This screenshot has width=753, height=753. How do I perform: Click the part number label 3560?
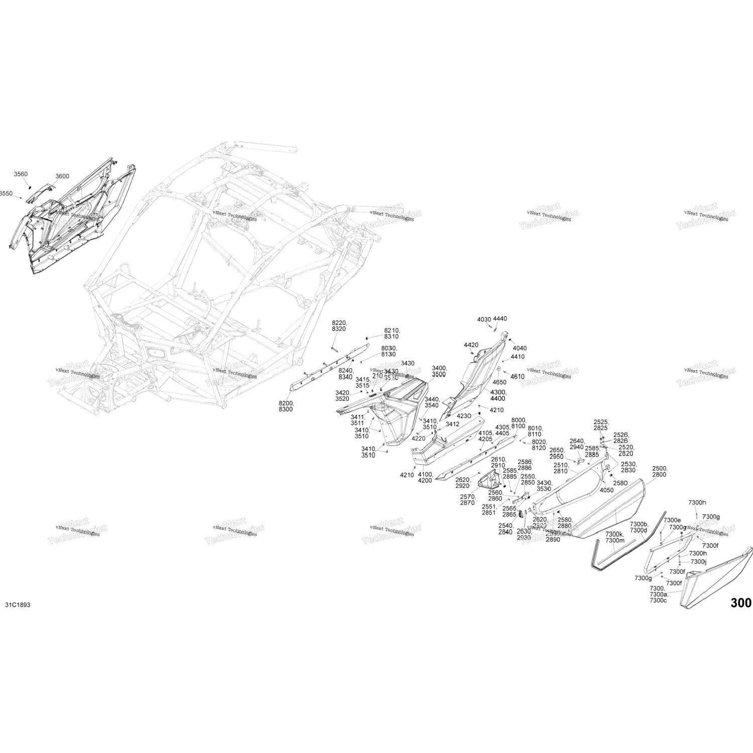click(x=21, y=174)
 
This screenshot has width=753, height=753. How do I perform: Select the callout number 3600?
click(x=62, y=176)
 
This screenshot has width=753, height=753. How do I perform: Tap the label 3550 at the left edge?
click(x=6, y=193)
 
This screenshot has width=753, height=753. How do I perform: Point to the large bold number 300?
click(x=741, y=603)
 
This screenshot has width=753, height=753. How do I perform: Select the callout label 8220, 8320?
click(x=339, y=326)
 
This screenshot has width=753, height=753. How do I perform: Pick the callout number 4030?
click(x=484, y=319)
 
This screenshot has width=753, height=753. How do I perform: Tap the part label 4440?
click(x=500, y=319)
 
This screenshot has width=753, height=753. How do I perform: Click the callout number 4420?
click(x=471, y=345)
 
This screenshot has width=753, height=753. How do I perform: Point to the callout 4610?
click(x=517, y=376)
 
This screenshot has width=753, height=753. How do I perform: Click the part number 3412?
click(x=452, y=424)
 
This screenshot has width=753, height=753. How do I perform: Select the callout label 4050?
click(x=606, y=490)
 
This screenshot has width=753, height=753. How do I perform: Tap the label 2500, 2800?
click(x=659, y=471)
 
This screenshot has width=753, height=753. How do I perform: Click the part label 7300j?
click(x=698, y=562)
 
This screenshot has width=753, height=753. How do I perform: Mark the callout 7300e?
click(x=672, y=520)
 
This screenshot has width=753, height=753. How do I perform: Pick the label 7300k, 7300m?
click(x=615, y=537)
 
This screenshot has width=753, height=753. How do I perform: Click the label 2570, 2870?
click(x=467, y=499)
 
